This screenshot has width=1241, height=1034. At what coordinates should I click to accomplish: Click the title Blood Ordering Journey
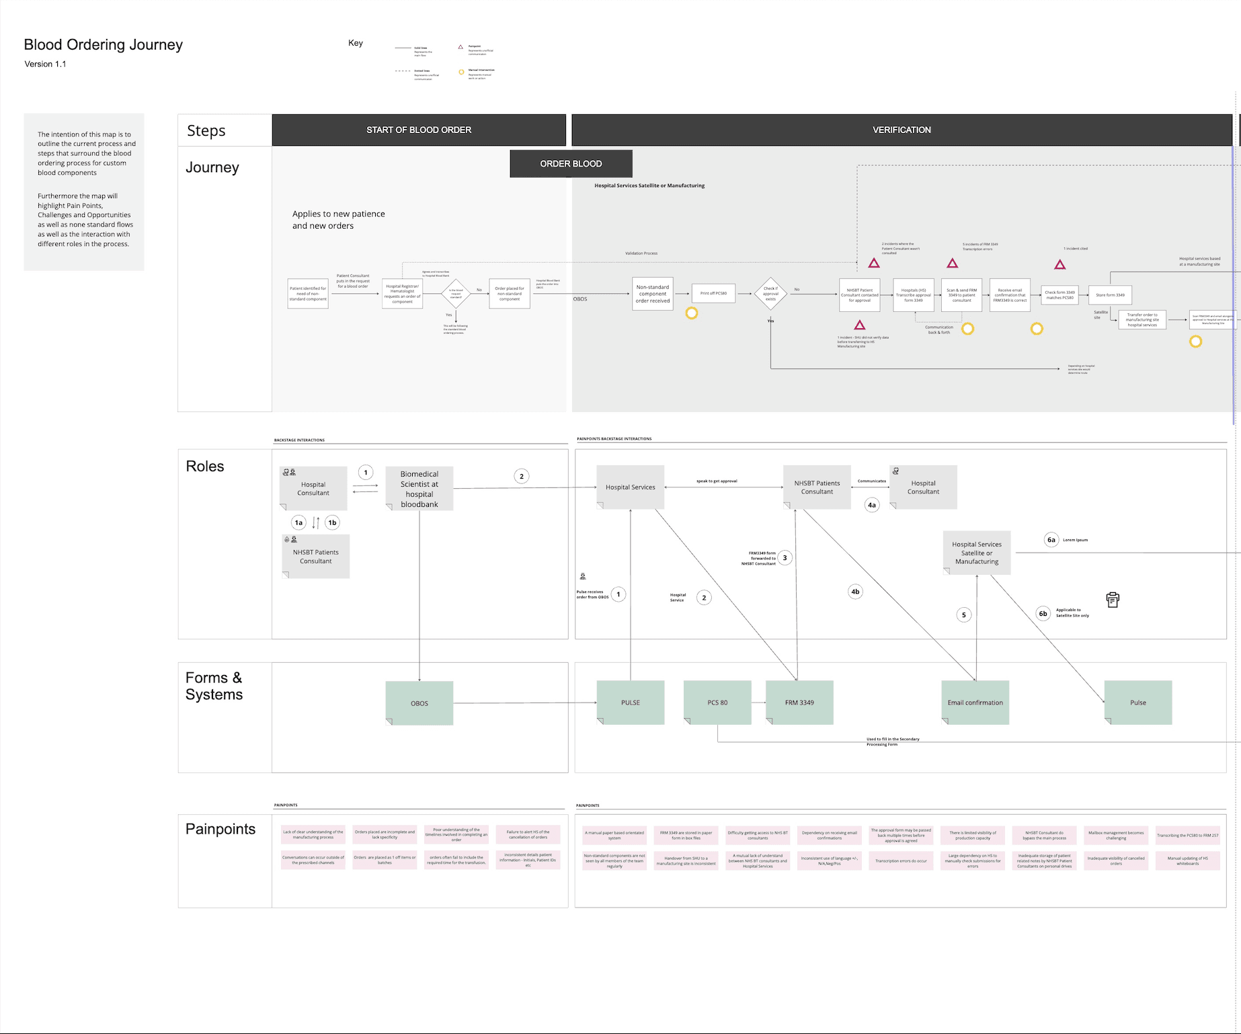[103, 45]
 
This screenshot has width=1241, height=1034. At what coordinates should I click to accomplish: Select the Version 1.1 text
[45, 64]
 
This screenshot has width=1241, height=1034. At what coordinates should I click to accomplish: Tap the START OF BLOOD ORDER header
[418, 130]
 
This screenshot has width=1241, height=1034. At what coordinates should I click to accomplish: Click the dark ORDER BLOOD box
[571, 163]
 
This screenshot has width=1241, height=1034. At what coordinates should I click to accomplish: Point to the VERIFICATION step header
[901, 130]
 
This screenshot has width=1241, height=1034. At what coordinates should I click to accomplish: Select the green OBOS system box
[419, 703]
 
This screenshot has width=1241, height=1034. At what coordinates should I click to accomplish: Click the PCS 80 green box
[717, 703]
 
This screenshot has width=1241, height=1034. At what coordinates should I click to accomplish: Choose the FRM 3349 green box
[799, 703]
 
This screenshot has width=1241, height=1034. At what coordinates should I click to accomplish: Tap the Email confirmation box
[975, 703]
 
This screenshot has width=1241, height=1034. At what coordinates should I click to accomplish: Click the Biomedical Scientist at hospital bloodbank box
[419, 489]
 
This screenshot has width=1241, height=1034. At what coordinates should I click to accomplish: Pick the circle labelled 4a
[872, 505]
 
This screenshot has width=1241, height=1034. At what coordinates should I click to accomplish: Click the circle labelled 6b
[1043, 613]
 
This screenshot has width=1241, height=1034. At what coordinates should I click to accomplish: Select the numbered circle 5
[963, 614]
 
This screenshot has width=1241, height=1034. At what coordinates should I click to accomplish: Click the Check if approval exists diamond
[770, 294]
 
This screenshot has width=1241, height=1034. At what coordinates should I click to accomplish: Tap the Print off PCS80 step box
[713, 294]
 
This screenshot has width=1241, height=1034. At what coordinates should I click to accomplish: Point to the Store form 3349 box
[1110, 295]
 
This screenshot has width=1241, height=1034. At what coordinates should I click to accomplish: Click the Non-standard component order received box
[652, 294]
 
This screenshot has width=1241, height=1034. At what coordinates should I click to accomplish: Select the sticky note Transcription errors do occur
[901, 861]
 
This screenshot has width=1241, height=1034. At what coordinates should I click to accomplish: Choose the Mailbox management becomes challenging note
[1116, 836]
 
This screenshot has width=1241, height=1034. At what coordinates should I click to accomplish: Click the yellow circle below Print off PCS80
[691, 313]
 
